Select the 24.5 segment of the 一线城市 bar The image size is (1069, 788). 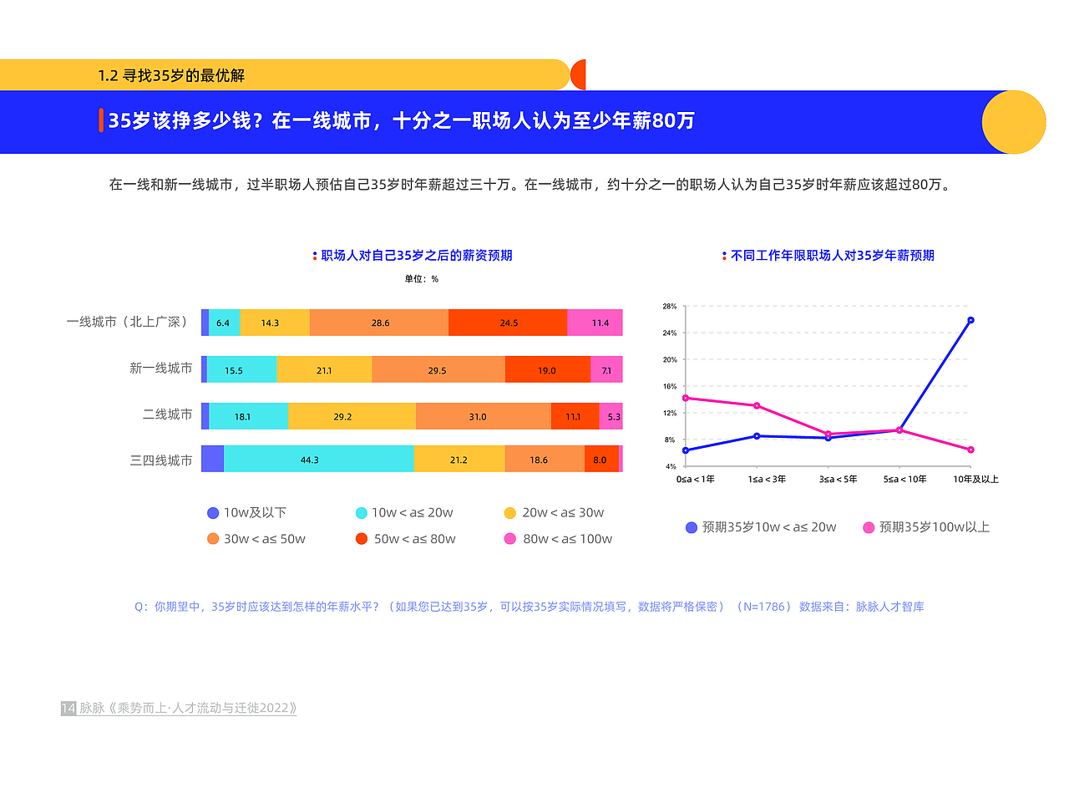508,323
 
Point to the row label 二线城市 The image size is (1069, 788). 167,414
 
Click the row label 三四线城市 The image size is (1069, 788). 161,460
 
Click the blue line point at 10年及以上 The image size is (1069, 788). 970,320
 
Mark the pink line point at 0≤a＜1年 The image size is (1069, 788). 686,398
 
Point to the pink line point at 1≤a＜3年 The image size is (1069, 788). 757,406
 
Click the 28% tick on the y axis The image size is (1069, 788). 669,307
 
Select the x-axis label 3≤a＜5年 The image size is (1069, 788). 827,480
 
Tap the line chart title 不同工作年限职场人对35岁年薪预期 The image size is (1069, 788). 832,256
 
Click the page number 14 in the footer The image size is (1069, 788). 68,709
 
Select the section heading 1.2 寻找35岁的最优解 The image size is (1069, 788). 171,75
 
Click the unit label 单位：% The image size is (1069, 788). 422,279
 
